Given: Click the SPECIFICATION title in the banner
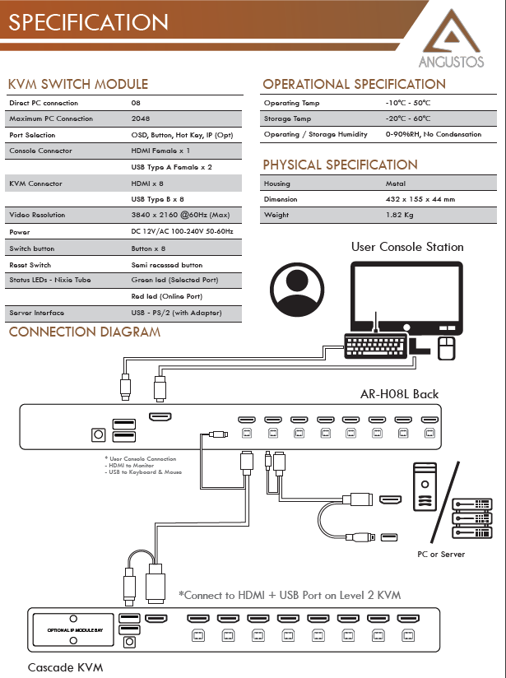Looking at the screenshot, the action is [x=88, y=22].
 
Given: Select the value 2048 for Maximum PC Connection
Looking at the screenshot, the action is [x=141, y=118].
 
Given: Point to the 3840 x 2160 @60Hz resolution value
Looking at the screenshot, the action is [x=180, y=215].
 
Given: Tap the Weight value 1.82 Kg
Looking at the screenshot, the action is [x=399, y=215].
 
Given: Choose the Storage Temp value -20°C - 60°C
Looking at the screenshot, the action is [x=408, y=118].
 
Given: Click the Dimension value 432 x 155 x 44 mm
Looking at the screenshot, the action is [x=420, y=199].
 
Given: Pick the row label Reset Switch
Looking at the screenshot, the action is [x=30, y=265].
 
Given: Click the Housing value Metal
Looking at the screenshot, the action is [x=395, y=183].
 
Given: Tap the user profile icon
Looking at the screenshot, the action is [x=297, y=290].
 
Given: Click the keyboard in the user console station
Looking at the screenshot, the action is [x=376, y=346].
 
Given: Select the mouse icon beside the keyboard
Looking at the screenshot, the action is [x=446, y=349].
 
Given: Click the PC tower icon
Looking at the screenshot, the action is [x=425, y=486].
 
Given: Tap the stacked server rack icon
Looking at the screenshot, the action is [x=471, y=518].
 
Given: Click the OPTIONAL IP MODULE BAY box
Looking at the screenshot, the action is [x=73, y=630].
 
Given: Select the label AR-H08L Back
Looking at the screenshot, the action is [x=399, y=394].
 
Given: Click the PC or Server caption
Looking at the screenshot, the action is [x=441, y=555].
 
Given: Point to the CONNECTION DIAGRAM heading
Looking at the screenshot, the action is [x=85, y=332].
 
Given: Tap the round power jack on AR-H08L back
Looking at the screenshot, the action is [x=99, y=434].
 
